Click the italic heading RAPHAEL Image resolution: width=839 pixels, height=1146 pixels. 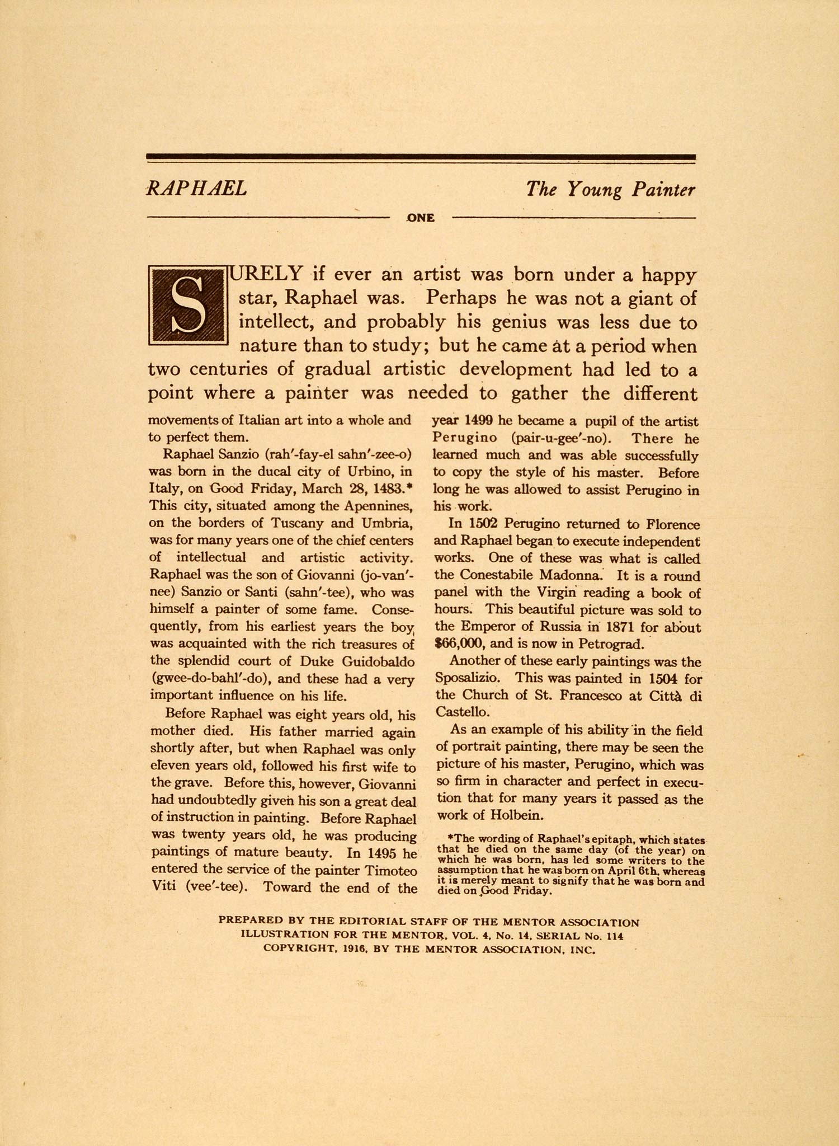(196, 189)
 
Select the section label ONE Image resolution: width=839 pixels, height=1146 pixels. (421, 218)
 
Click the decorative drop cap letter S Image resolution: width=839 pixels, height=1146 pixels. (188, 305)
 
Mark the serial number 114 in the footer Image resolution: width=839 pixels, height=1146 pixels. (614, 936)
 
